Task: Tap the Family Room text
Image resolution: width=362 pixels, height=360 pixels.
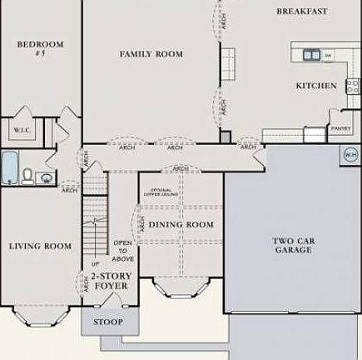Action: pyautogui.click(x=151, y=54)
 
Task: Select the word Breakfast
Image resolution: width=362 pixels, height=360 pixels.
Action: pyautogui.click(x=301, y=12)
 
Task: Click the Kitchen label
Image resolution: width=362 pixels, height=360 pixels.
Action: pyautogui.click(x=316, y=86)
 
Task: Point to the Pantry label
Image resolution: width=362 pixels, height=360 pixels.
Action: pyautogui.click(x=340, y=129)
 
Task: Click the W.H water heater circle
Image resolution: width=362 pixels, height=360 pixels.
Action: pyautogui.click(x=351, y=153)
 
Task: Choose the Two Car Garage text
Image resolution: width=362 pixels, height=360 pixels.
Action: pyautogui.click(x=293, y=245)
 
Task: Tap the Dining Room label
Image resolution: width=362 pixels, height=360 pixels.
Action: pyautogui.click(x=181, y=225)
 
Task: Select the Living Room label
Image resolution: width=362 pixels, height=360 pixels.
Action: pyautogui.click(x=40, y=246)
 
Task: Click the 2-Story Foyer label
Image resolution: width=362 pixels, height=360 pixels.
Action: pyautogui.click(x=110, y=281)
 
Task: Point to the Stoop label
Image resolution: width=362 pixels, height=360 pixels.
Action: pyautogui.click(x=107, y=322)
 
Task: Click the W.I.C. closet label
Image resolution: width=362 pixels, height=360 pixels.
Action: pyautogui.click(x=22, y=131)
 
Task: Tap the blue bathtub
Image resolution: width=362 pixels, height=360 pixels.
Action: pyautogui.click(x=8, y=167)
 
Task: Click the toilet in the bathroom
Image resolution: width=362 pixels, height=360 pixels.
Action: pyautogui.click(x=27, y=176)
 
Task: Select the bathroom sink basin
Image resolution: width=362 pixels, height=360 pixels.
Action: pyautogui.click(x=45, y=177)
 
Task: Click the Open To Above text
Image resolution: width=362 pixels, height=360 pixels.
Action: pyautogui.click(x=122, y=250)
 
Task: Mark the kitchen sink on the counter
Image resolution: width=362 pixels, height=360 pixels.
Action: pyautogui.click(x=311, y=55)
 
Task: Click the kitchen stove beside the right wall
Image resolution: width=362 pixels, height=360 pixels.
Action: pyautogui.click(x=353, y=85)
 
